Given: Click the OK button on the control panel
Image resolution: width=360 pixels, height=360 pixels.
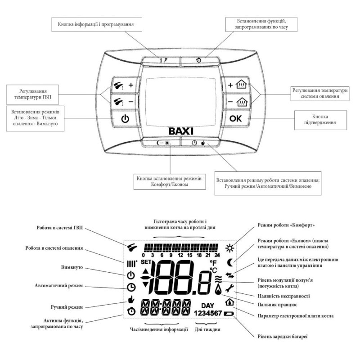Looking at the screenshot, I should pyautogui.click(x=235, y=119).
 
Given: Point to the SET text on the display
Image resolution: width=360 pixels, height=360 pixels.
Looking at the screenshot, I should pyautogui.click(x=147, y=262).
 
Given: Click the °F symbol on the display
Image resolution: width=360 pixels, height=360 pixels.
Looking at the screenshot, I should pyautogui.click(x=214, y=262).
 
